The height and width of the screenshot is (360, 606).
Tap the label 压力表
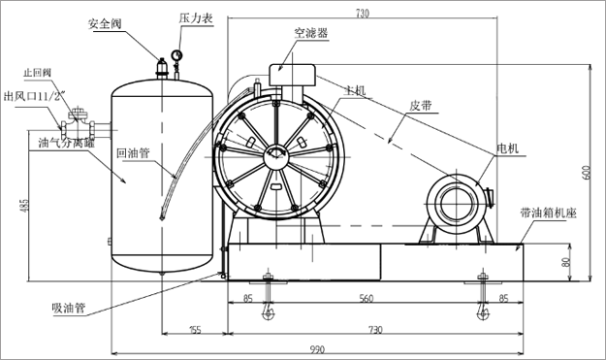(193, 18)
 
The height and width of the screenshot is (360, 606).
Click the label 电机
(507, 147)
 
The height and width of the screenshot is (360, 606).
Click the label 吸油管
(69, 309)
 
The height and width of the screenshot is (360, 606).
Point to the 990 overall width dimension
(319, 347)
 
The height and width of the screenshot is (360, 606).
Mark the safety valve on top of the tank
(162, 67)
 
